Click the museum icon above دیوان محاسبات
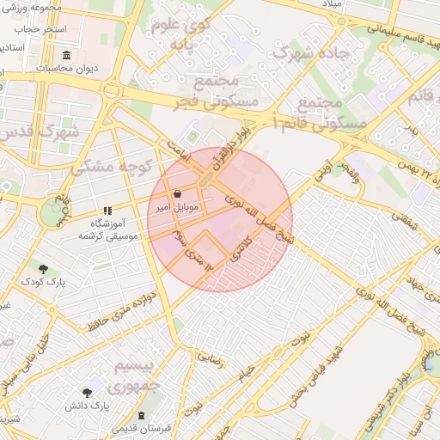(67, 56)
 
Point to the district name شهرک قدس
(40, 132)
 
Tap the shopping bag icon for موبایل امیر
(177, 194)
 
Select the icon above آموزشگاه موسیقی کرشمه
(107, 210)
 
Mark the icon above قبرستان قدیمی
(140, 415)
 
